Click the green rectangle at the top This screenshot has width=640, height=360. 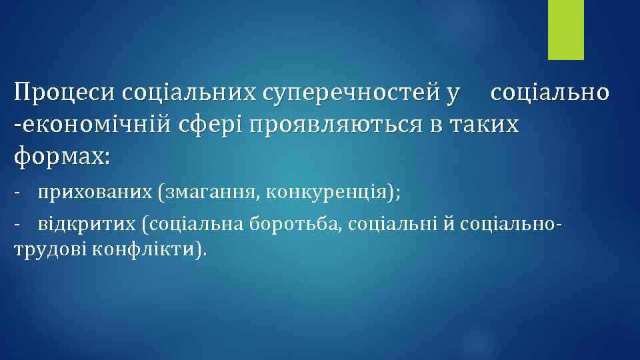(565, 29)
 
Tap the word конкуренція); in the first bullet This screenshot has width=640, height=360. (333, 193)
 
